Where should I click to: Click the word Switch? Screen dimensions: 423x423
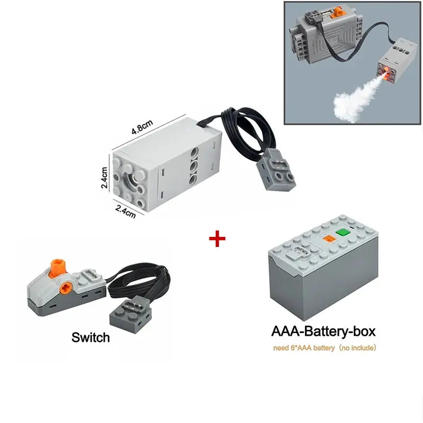click(x=90, y=337)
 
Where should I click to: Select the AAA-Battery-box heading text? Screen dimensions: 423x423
click(x=323, y=332)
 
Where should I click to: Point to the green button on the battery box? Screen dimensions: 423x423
click(x=345, y=232)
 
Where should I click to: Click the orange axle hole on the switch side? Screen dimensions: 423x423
click(x=66, y=287)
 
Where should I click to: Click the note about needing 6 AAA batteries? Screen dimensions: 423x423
click(x=324, y=348)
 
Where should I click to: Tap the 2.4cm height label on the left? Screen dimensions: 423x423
click(x=105, y=178)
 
